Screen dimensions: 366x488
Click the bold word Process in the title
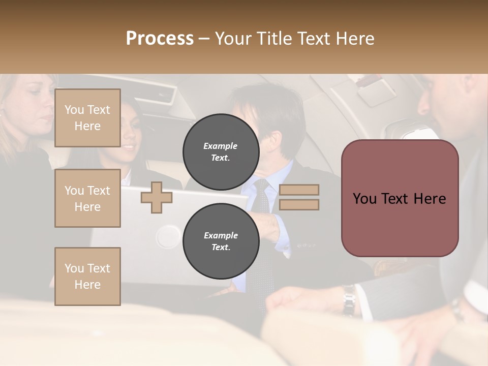pyautogui.click(x=160, y=38)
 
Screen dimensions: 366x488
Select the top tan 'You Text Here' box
pyautogui.click(x=87, y=118)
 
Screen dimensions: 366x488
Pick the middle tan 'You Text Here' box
pyautogui.click(x=87, y=198)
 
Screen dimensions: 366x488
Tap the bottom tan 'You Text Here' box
pyautogui.click(x=87, y=276)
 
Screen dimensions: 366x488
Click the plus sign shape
pyautogui.click(x=157, y=197)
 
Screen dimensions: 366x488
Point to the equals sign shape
pyautogui.click(x=299, y=197)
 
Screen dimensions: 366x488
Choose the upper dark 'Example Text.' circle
pyautogui.click(x=221, y=151)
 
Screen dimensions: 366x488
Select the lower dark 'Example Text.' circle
pyautogui.click(x=221, y=241)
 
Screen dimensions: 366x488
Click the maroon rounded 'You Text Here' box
pyautogui.click(x=400, y=198)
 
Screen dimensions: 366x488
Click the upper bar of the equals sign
pyautogui.click(x=299, y=190)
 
